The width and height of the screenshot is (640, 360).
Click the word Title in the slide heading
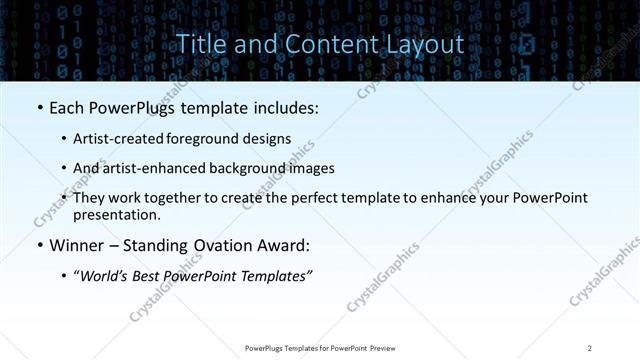tap(199, 44)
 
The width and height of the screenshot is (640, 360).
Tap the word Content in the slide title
tap(324, 44)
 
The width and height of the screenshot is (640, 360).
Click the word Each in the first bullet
tap(67, 106)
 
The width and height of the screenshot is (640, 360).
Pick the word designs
tap(270, 139)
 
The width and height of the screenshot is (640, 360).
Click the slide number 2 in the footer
tap(590, 347)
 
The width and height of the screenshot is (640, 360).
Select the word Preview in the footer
tap(380, 347)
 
